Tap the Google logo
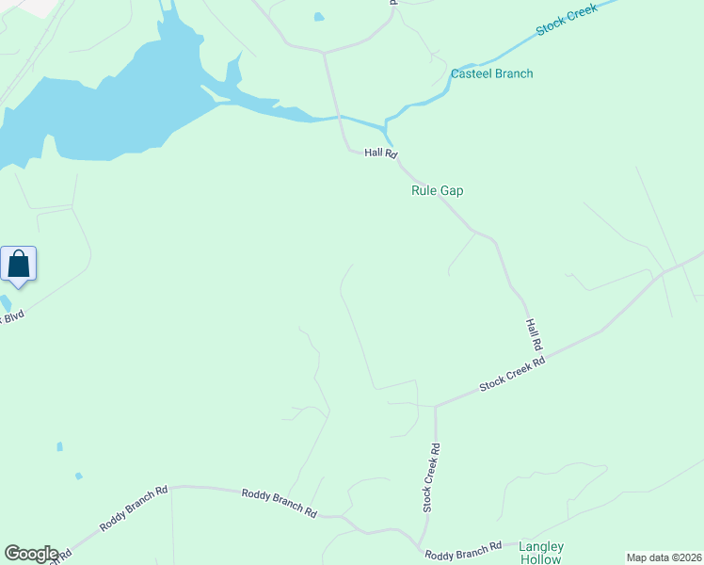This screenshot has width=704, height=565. [30, 554]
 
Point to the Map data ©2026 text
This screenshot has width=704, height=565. [664, 557]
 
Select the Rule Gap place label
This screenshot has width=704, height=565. [438, 190]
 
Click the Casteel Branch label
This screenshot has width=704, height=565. [491, 73]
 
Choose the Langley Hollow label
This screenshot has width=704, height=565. [540, 553]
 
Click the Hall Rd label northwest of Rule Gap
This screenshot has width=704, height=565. [381, 153]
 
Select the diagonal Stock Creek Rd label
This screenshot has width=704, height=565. [512, 374]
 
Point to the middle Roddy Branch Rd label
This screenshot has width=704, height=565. [279, 503]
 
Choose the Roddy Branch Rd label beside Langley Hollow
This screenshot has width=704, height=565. [462, 552]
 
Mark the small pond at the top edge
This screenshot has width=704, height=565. [318, 17]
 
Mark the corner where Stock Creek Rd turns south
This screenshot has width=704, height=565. [436, 407]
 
